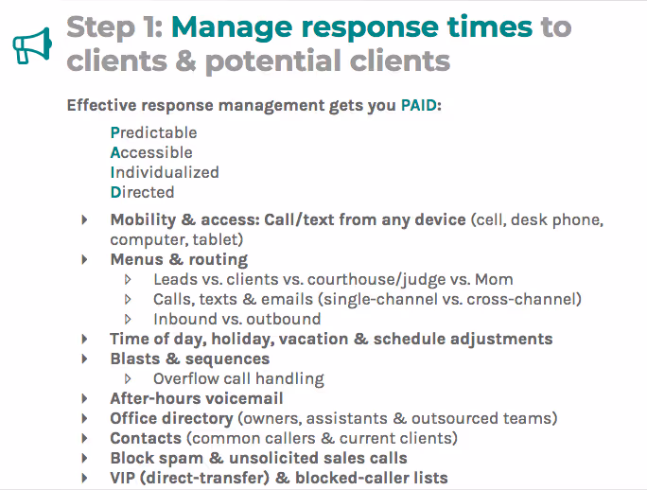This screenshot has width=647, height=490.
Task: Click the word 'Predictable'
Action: click(153, 132)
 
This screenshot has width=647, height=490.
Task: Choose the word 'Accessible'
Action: click(151, 152)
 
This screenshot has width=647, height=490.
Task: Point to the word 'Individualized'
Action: click(165, 172)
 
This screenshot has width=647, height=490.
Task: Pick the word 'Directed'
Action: click(142, 192)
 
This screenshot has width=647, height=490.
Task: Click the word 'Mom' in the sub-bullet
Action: click(493, 279)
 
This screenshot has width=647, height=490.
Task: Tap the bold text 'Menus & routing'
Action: click(179, 259)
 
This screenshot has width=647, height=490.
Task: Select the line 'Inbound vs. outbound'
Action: click(236, 319)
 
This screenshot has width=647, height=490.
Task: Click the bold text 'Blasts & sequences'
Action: click(190, 359)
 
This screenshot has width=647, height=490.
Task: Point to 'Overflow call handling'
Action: click(238, 378)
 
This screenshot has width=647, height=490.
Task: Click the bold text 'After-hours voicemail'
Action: click(197, 398)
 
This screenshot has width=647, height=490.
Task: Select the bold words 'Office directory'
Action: click(171, 418)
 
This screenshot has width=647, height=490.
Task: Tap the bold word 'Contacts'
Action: click(146, 438)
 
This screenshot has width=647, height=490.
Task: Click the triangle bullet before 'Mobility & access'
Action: click(85, 219)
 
